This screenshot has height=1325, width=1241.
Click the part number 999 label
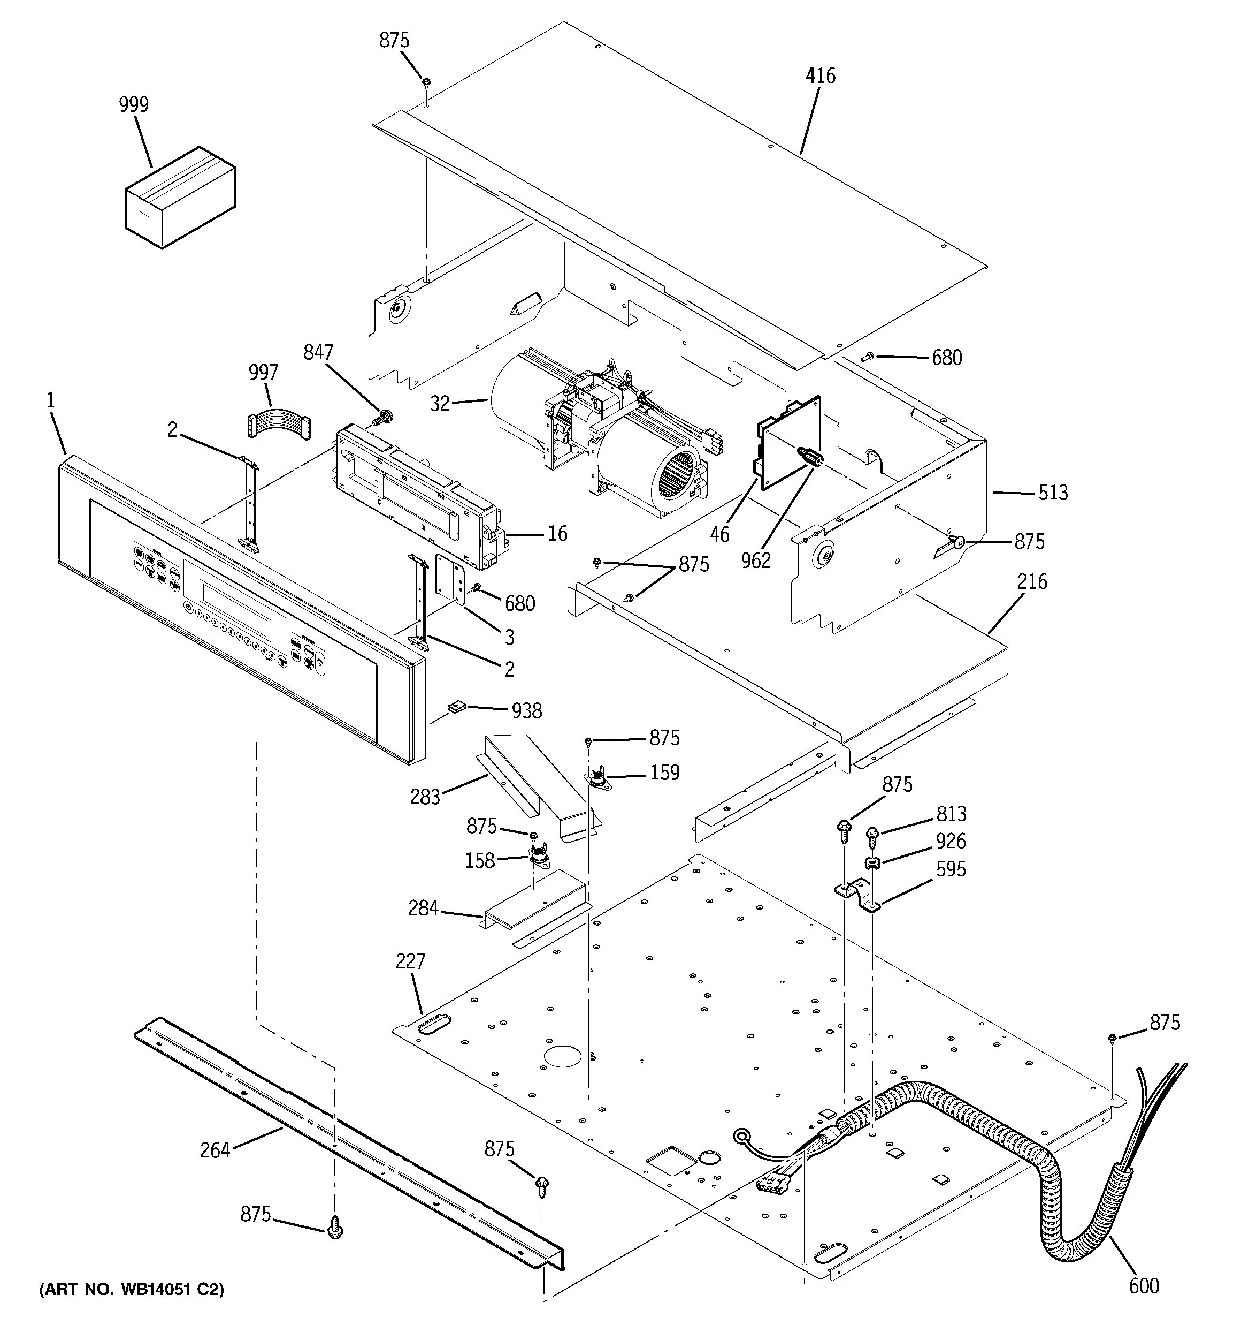[x=133, y=104]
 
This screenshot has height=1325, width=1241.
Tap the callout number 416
[x=820, y=76]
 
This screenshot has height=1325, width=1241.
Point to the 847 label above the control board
[x=318, y=353]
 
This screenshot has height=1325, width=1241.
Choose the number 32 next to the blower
[x=440, y=404]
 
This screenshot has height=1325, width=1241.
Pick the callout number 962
[x=755, y=561]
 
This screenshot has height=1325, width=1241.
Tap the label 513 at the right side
[x=1053, y=493]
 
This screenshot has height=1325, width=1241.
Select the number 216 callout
[x=1032, y=582]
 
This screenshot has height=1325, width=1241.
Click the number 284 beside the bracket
[x=423, y=908]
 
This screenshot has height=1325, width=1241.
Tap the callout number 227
[x=410, y=961]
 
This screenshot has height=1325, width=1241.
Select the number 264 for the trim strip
[x=215, y=1150]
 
